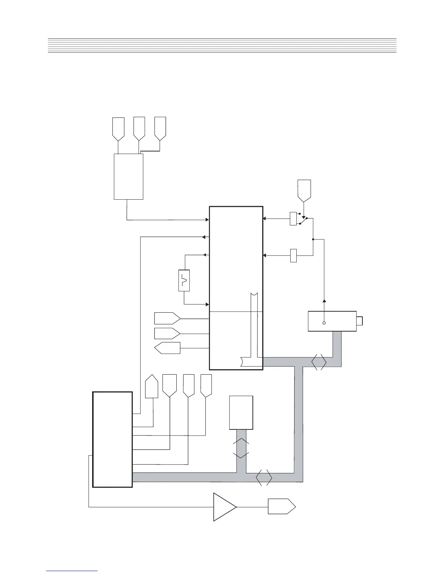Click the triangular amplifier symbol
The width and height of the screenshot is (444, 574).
pyautogui.click(x=223, y=507)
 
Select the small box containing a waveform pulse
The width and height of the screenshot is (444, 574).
pyautogui.click(x=184, y=280)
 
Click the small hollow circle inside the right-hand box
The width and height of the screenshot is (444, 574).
pyautogui.click(x=324, y=323)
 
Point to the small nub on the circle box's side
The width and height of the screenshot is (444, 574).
pyautogui.click(x=359, y=321)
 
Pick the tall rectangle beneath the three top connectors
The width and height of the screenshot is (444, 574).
pyautogui.click(x=128, y=176)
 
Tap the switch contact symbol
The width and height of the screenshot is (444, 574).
pyautogui.click(x=303, y=221)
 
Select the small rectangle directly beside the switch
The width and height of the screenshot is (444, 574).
pyautogui.click(x=293, y=219)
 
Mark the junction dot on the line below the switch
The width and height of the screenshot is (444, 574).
pyautogui.click(x=313, y=239)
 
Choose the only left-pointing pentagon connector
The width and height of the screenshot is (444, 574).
pyautogui.click(x=167, y=348)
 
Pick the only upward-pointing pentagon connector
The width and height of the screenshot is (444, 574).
pyautogui.click(x=152, y=387)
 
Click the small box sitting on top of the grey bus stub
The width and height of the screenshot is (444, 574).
pyautogui.click(x=241, y=412)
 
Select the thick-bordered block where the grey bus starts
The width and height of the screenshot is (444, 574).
pyautogui.click(x=112, y=439)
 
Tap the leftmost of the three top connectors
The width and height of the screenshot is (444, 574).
pyautogui.click(x=119, y=129)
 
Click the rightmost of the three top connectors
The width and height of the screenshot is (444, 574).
pyautogui.click(x=160, y=128)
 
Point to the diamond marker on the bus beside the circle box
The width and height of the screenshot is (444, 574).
pyautogui.click(x=319, y=362)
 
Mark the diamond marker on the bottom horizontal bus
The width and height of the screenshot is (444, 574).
pyautogui.click(x=264, y=478)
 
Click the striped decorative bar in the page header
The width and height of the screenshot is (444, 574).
pyautogui.click(x=222, y=45)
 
